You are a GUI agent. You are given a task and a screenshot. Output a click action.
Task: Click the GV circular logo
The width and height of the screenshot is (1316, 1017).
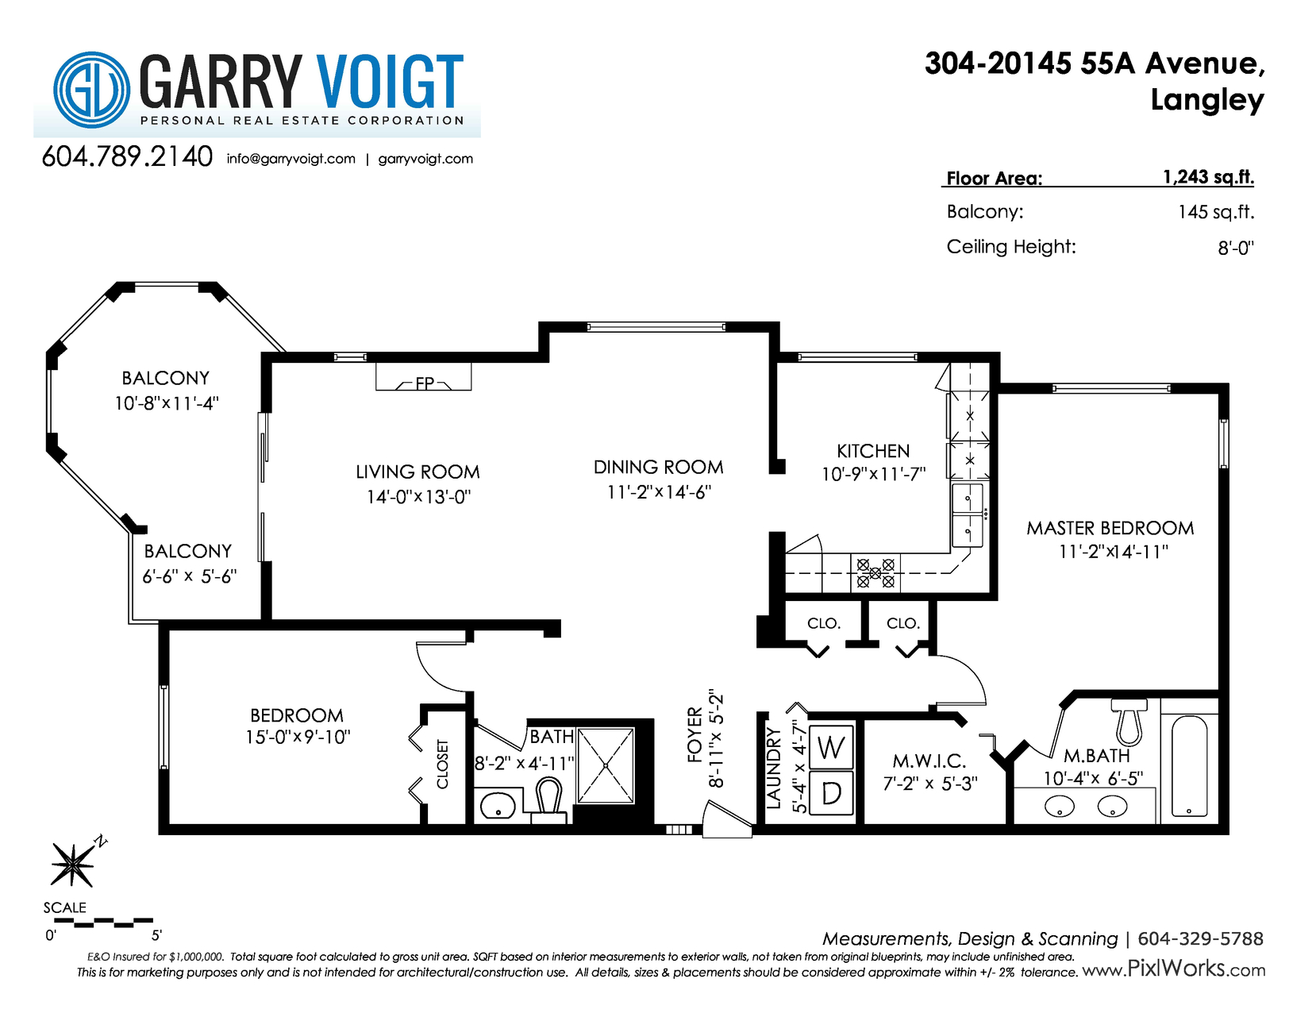[91, 90]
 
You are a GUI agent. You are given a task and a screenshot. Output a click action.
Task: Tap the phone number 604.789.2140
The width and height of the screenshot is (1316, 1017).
[127, 156]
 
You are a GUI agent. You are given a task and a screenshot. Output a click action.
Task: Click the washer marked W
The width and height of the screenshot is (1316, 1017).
[831, 747]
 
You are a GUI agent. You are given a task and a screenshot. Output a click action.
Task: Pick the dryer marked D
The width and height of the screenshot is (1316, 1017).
[831, 792]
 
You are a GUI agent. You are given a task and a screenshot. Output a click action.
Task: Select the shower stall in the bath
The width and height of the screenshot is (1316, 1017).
[606, 765]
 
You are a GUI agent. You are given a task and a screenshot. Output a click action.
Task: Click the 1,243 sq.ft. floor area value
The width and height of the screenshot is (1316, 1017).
[1208, 177]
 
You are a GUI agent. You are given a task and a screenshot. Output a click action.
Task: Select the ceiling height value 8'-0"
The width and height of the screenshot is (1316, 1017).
[1236, 248]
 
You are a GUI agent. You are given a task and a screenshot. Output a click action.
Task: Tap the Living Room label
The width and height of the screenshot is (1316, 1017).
[418, 472]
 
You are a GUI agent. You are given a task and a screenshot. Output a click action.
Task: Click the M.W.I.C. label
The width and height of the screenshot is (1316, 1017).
[929, 761]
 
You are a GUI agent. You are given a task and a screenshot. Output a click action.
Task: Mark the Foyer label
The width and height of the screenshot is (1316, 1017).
[695, 734]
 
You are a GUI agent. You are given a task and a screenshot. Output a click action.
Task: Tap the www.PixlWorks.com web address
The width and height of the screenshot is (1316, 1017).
[1174, 969]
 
